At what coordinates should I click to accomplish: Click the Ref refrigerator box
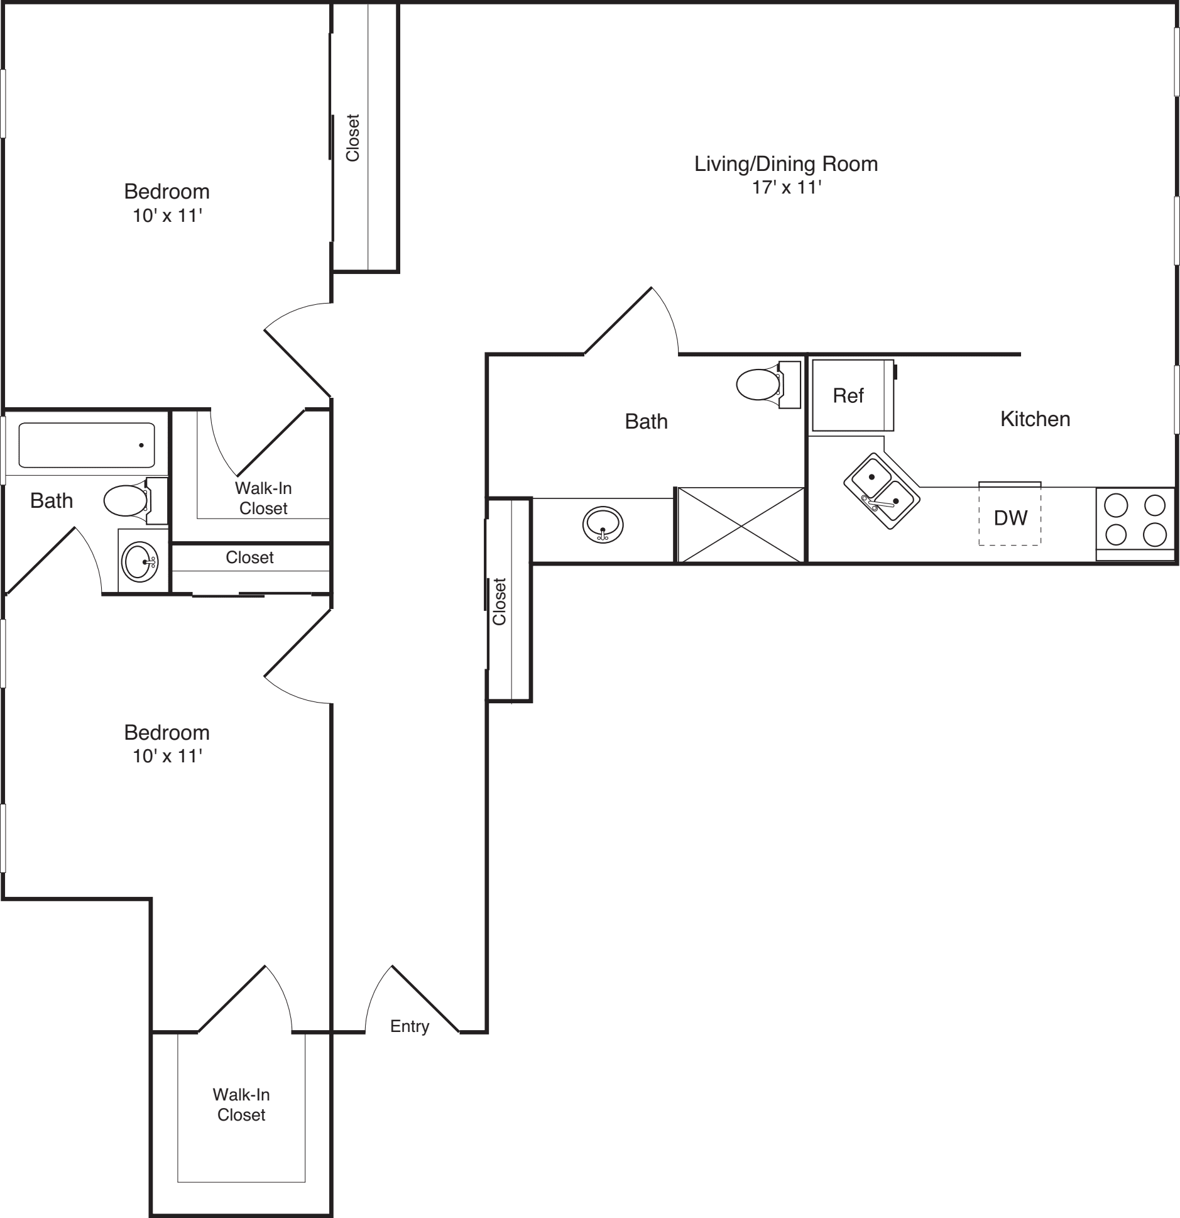(851, 395)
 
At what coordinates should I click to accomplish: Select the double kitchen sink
(882, 490)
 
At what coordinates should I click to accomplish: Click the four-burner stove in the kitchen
(1135, 520)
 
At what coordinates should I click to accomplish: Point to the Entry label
(409, 1026)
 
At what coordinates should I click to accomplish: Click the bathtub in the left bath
(87, 445)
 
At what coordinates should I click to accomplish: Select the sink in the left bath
(140, 561)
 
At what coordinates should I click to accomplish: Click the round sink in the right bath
(603, 524)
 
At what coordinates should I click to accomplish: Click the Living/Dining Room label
(785, 164)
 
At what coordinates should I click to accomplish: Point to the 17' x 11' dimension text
(787, 187)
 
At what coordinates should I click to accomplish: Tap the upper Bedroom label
(167, 191)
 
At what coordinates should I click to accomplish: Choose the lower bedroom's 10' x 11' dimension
(167, 756)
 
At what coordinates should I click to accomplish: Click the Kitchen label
(1034, 419)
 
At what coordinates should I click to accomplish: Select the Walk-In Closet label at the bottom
(241, 1104)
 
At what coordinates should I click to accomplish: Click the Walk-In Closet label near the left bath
(263, 498)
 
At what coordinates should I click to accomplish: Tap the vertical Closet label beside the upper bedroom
(352, 138)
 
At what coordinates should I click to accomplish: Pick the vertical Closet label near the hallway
(500, 601)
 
